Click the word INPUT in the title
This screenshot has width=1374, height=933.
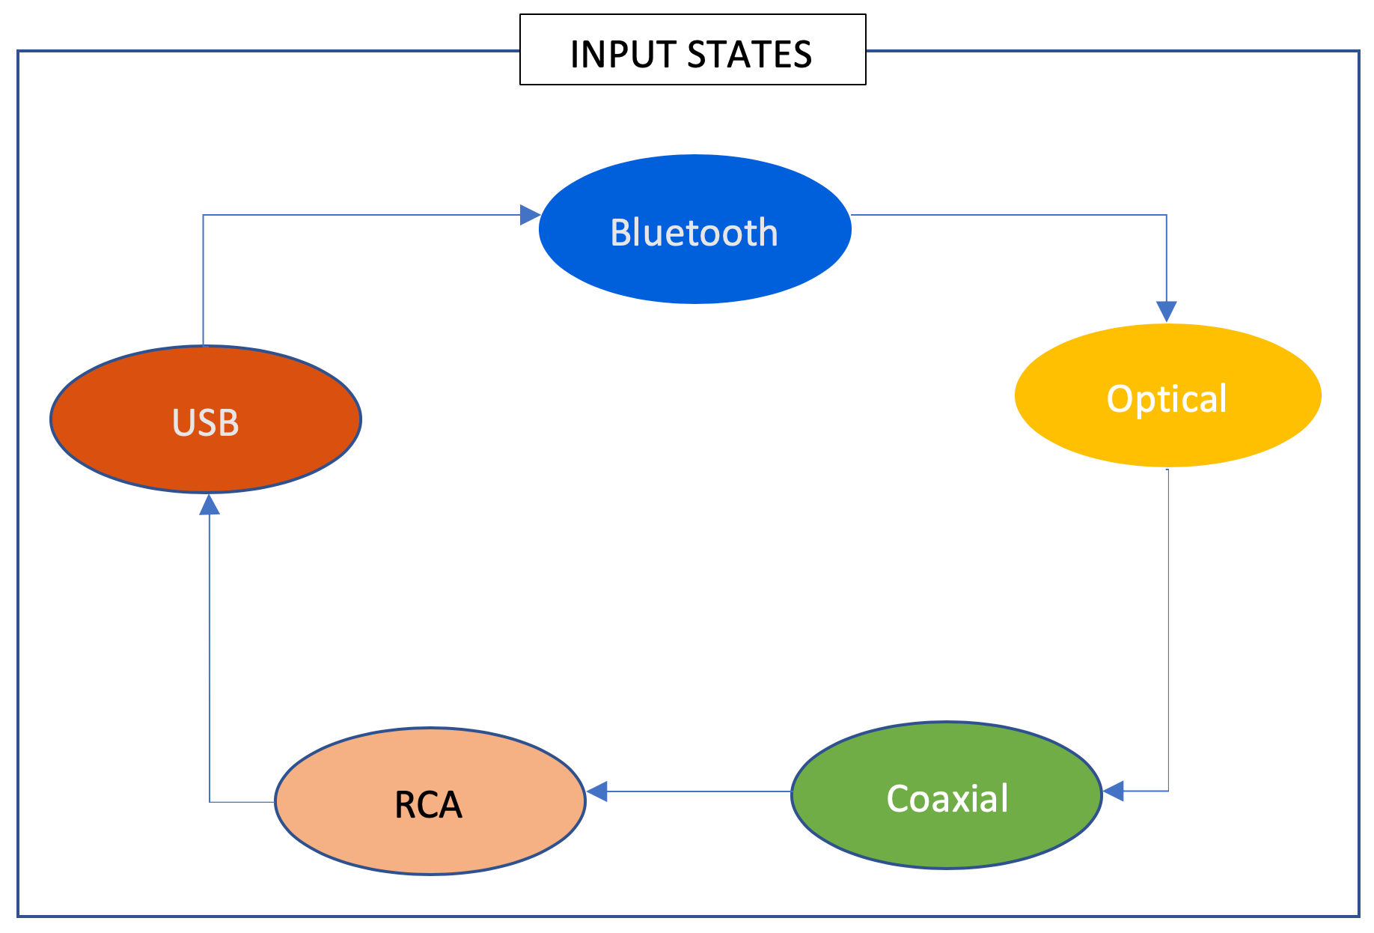point(622,55)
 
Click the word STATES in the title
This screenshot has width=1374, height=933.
point(749,55)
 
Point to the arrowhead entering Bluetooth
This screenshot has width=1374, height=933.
point(530,215)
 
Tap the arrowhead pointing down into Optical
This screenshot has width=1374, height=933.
point(1166,311)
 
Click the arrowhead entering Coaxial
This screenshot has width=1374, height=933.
point(1114,791)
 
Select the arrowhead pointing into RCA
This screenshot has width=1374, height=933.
point(597,791)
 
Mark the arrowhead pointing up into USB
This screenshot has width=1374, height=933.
point(210,505)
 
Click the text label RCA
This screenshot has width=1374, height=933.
point(428,805)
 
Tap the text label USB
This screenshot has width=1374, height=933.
point(206,422)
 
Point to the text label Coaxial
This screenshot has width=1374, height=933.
point(947,798)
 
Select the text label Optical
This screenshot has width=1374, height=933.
point(1167,398)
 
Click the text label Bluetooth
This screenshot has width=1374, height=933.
point(694,232)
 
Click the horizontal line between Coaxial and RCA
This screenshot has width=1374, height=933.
point(696,791)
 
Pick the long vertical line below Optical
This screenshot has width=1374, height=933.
point(1168,629)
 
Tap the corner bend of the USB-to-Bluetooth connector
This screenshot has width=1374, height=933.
point(204,216)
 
